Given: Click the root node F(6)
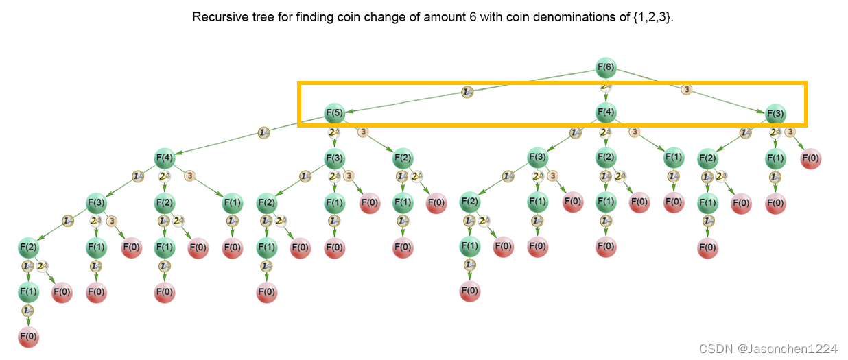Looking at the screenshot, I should point(605,68).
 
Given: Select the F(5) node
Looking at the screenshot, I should point(335,112).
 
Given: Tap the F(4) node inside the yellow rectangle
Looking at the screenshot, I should point(605,112).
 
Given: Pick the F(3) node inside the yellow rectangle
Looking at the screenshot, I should point(775,113).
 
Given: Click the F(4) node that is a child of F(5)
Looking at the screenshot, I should point(165,158).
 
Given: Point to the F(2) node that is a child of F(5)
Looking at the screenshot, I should point(403,158).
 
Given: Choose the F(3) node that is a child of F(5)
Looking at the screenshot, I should point(335,158).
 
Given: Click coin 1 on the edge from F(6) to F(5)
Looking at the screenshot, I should point(467,91).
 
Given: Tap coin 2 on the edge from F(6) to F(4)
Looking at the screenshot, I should point(605,87).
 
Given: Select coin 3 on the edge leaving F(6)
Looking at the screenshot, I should point(686,89).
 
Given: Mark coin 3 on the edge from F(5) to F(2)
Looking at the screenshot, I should point(364,132).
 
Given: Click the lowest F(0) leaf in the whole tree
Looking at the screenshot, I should point(28,337).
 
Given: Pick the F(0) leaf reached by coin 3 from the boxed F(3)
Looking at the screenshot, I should point(810,158).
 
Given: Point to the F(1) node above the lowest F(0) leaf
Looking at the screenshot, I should point(28,291).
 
